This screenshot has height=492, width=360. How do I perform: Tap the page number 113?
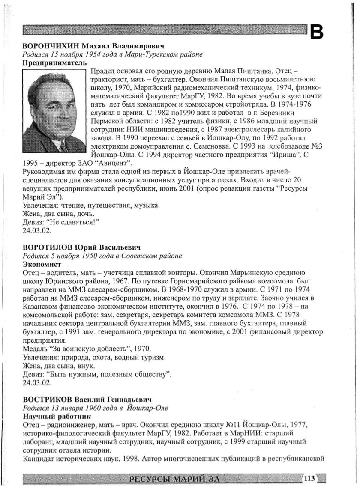tap(309, 478)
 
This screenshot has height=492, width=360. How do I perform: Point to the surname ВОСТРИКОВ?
tap(46, 399)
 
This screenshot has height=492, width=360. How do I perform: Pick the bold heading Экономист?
tap(39, 264)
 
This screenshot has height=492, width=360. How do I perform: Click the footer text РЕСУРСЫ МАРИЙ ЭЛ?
tap(177, 478)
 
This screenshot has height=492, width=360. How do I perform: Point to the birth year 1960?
tap(97, 407)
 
